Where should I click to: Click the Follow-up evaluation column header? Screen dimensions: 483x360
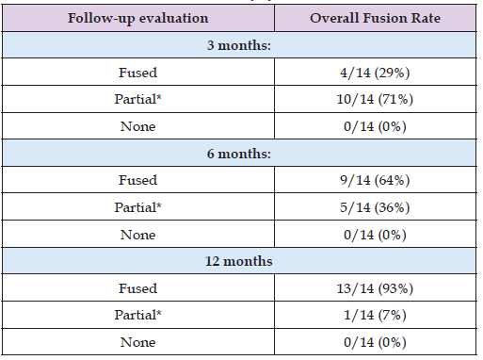pos(138,18)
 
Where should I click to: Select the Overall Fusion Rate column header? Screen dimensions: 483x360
pos(375,18)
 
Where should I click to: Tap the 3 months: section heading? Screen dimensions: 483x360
pos(239,45)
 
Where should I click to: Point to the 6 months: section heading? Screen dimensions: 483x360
pos(239,154)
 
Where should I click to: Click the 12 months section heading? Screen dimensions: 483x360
pos(239,261)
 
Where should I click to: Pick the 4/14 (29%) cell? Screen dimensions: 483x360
pos(375,73)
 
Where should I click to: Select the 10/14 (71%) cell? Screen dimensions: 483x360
pos(375,99)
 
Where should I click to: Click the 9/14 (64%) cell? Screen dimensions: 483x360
pos(375,180)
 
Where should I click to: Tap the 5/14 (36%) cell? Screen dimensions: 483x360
pos(375,207)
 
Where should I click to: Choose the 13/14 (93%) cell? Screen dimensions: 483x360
pos(375,288)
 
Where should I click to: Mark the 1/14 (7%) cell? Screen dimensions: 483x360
pos(375,315)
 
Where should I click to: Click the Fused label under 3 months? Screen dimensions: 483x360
pos(138,73)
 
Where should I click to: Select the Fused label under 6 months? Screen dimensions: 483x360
pos(138,180)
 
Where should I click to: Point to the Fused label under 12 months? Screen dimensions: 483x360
pos(138,288)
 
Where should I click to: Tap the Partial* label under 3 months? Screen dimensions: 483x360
pos(138,99)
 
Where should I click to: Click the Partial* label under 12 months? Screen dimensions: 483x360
pos(138,315)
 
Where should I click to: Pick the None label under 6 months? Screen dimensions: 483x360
pos(138,235)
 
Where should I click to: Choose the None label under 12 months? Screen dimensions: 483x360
pos(138,342)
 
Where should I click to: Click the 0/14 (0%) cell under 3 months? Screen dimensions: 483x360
pos(375,126)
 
